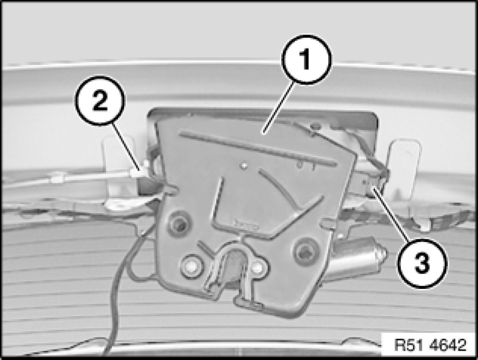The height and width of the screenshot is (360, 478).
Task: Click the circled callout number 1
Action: (306, 60)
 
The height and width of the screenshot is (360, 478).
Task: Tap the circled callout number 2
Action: (100, 101)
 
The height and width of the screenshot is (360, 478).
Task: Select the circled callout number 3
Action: (422, 263)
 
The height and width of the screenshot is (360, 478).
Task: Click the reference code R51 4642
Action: (430, 345)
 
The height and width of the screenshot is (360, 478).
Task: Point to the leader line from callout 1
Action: (280, 108)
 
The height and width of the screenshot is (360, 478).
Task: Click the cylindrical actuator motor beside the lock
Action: (359, 257)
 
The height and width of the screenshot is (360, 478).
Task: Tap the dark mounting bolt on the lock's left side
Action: (179, 224)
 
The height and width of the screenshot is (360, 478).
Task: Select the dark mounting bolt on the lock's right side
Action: (304, 251)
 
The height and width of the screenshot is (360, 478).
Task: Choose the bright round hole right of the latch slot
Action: (259, 267)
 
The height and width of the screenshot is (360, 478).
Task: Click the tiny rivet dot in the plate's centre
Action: (243, 166)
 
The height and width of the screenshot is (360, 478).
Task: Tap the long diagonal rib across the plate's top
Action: (258, 149)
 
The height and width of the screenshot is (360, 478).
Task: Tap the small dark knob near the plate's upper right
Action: (316, 125)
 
